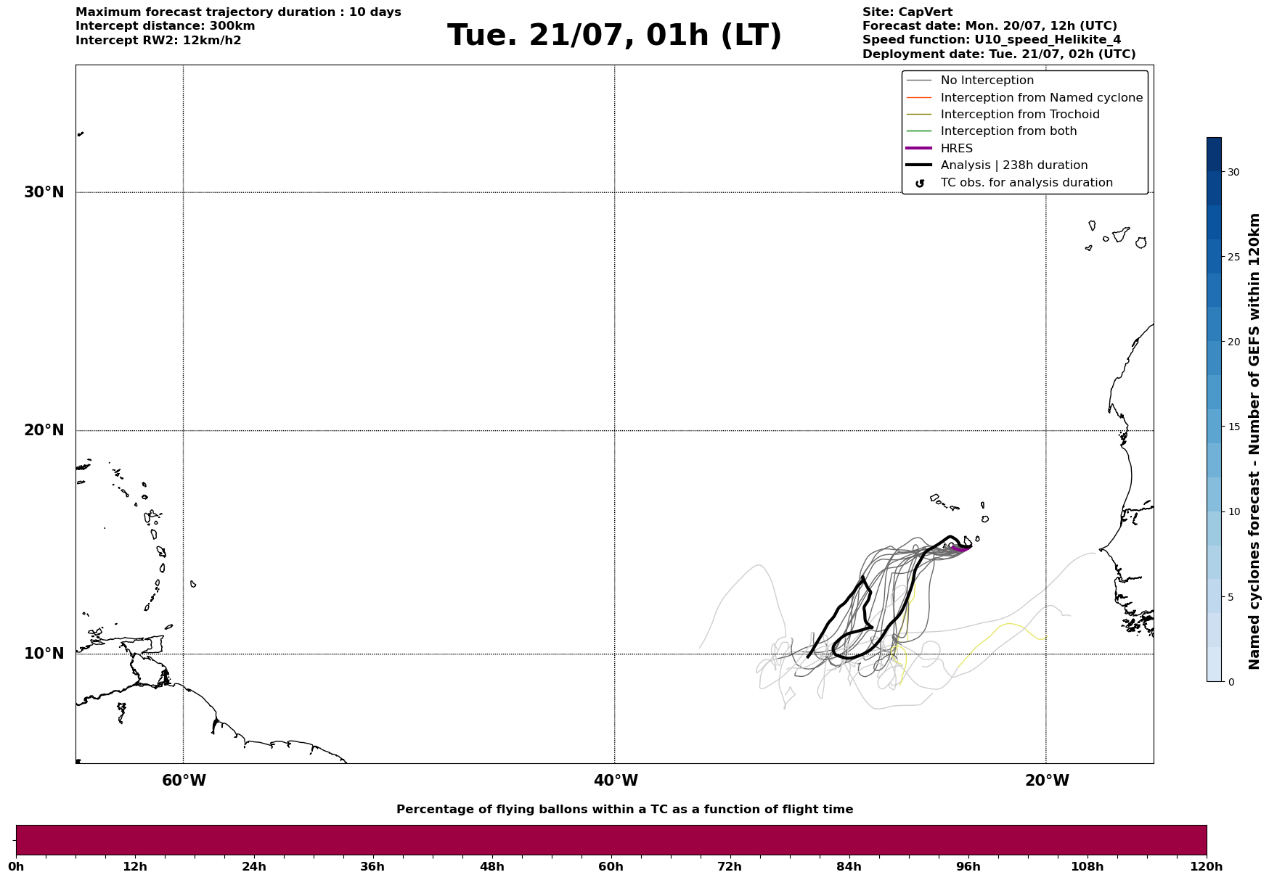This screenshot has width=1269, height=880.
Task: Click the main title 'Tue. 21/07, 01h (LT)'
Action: pos(614,36)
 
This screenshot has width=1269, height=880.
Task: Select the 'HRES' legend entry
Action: pos(956,149)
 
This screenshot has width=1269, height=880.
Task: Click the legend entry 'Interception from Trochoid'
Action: pos(1019,115)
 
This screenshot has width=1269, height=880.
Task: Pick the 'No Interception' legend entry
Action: pos(987,81)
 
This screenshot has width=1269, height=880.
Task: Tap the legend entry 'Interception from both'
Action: pos(1008,131)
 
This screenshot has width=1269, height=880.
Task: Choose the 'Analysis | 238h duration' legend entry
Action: pos(1013,165)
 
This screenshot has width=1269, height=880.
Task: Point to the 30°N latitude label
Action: pos(44,192)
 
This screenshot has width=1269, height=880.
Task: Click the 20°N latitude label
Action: pos(44,430)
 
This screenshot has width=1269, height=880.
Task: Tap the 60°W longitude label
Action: pos(184,781)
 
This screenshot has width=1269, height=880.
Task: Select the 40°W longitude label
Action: pos(616,781)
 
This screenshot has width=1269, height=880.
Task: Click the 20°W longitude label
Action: pos(1047,781)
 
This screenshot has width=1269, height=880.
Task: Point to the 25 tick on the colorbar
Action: pos(1233,257)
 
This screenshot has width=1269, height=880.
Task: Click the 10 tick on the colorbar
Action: pos(1233,511)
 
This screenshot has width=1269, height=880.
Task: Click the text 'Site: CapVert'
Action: pos(907,12)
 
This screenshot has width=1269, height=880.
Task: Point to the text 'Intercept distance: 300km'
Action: pos(166,26)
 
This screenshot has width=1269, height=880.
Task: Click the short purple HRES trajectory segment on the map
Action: pos(961,549)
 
